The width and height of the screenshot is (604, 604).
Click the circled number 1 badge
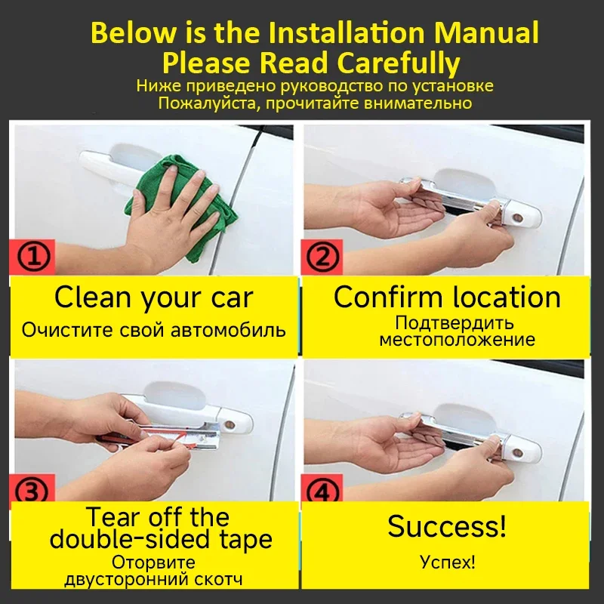click(x=33, y=257)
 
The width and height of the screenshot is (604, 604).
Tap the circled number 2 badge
click(x=322, y=257)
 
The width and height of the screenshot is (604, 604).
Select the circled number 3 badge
click(x=32, y=491)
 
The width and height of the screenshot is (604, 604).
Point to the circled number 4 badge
click(x=322, y=491)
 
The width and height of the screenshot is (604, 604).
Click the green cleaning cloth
click(x=181, y=208)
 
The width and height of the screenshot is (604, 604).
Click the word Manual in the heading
click(x=486, y=33)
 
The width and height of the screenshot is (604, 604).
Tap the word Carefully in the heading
click(x=399, y=63)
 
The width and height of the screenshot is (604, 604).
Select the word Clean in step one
click(x=92, y=297)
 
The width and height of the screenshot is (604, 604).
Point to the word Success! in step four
click(x=447, y=526)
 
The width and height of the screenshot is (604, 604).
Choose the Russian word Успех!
click(x=447, y=562)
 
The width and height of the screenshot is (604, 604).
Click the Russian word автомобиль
click(x=228, y=331)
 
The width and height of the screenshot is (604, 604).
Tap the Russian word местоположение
click(x=458, y=340)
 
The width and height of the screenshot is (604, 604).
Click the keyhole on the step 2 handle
click(x=518, y=218)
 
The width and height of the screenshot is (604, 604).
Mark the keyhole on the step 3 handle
click(x=230, y=425)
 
